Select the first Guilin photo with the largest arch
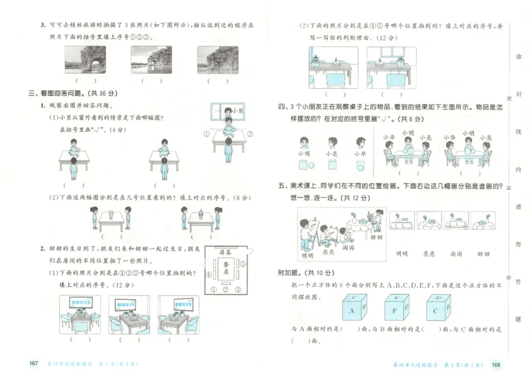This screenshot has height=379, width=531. (86, 60)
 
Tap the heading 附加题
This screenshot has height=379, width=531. (290, 273)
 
